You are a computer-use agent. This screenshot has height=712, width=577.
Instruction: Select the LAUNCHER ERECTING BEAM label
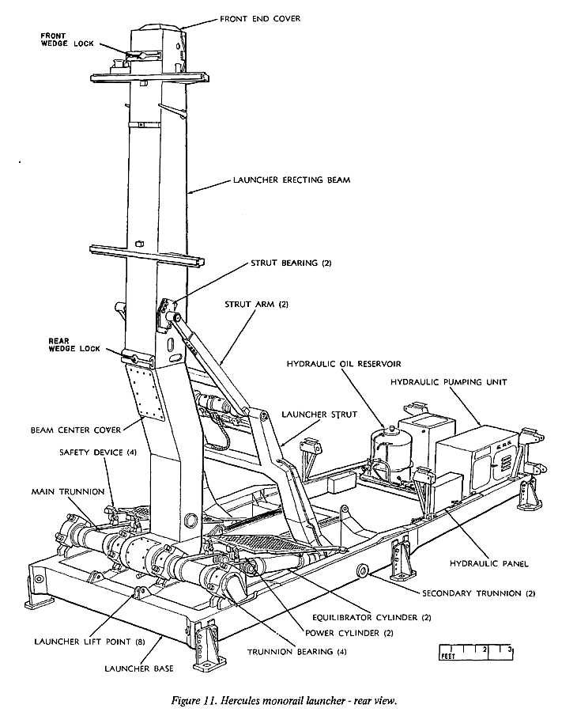tap(291, 180)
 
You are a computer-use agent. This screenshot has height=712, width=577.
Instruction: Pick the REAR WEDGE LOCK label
tap(74, 344)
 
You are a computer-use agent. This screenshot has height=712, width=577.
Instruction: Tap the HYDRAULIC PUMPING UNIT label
tap(448, 382)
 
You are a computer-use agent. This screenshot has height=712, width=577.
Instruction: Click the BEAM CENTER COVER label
tap(76, 430)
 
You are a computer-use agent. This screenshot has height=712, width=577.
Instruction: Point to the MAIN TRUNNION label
tap(68, 492)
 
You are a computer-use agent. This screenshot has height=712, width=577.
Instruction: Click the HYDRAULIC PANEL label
tap(488, 564)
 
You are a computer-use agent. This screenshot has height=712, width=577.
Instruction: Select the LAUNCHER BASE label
tap(139, 669)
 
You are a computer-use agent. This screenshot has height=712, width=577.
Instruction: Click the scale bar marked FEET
tap(477, 653)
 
